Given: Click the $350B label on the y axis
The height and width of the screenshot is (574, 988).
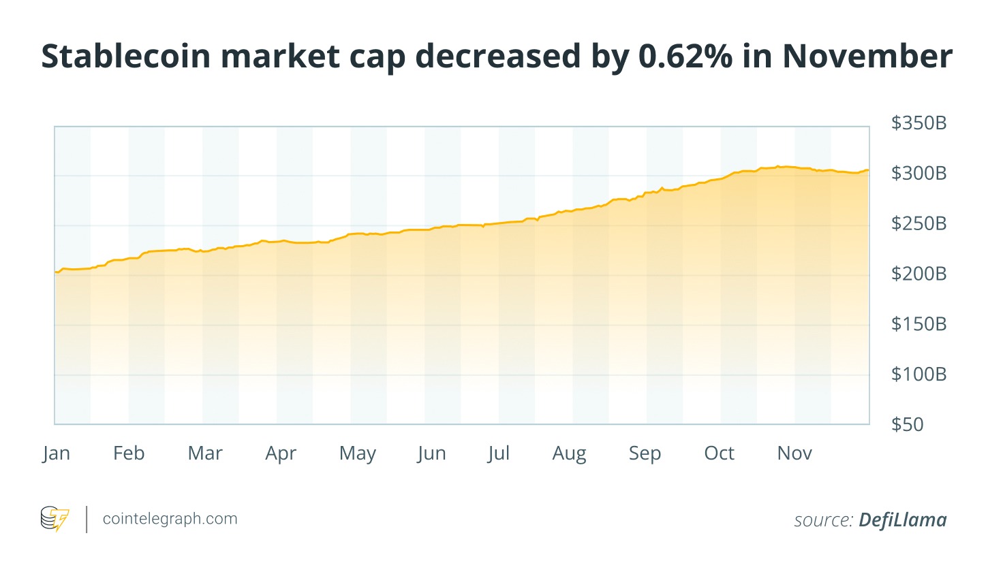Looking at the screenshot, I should (x=918, y=123).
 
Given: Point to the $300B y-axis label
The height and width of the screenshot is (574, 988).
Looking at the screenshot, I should (x=918, y=174).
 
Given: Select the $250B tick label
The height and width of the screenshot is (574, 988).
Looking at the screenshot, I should (x=918, y=223).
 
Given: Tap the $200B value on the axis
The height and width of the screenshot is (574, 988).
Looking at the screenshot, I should (x=918, y=274).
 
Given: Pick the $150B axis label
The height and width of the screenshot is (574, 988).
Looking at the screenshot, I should (x=918, y=324).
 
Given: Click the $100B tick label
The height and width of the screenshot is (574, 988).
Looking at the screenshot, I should (x=918, y=374).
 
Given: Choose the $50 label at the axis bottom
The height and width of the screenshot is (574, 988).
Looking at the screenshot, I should (x=907, y=424).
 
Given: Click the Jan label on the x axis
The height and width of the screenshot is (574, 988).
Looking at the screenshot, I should (x=56, y=453).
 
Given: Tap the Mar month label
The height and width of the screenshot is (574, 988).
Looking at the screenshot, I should (x=205, y=453).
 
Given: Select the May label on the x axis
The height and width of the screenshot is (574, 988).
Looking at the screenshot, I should (x=357, y=454).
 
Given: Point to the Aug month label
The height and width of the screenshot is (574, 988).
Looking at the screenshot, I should (x=569, y=454).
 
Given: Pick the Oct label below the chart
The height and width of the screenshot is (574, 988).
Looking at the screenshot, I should (x=719, y=453).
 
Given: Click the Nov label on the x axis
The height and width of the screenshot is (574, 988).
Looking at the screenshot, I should (x=794, y=453).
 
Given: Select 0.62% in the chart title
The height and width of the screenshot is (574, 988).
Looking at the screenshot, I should (x=685, y=56).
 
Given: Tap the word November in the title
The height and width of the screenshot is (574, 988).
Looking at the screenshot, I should (x=867, y=56).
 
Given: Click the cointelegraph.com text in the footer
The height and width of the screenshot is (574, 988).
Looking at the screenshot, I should (x=170, y=519).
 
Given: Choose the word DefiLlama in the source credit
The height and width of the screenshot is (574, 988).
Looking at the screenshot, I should (x=902, y=520).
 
